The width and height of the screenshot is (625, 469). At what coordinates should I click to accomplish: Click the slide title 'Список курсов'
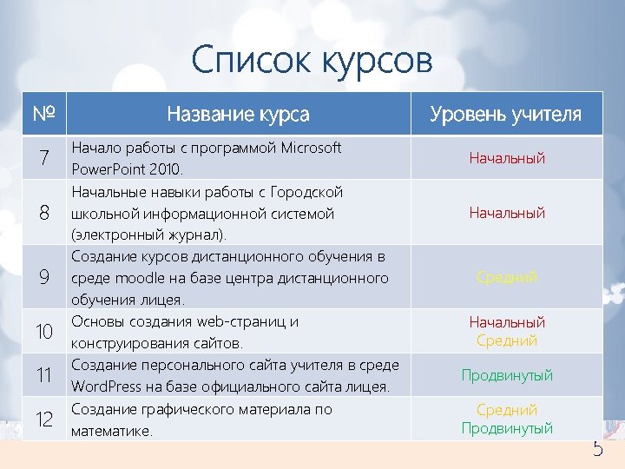tap(312, 61)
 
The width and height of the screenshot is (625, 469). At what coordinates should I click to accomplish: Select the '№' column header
tap(43, 114)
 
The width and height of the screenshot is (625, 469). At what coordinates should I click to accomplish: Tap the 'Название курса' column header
tap(238, 114)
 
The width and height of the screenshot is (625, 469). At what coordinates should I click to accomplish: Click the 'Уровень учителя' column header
tap(506, 114)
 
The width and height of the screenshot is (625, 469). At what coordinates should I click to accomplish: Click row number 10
tap(43, 332)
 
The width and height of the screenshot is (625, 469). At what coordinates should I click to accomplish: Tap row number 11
tap(43, 375)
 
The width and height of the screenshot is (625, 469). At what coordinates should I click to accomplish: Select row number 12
tap(43, 419)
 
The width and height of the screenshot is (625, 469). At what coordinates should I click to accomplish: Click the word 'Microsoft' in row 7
tap(312, 148)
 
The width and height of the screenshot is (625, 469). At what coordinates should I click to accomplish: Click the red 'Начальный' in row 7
tap(507, 158)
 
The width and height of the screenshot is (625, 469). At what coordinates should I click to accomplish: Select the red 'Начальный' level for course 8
tap(507, 213)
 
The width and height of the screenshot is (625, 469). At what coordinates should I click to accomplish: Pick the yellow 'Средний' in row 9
tap(507, 278)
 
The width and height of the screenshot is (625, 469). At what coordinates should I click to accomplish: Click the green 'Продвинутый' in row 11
tap(507, 375)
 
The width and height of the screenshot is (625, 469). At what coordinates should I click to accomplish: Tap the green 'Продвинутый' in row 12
tap(507, 429)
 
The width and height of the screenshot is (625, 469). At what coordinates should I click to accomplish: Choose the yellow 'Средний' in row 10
tap(507, 341)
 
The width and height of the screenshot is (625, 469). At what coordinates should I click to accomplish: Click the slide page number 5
tap(597, 449)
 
